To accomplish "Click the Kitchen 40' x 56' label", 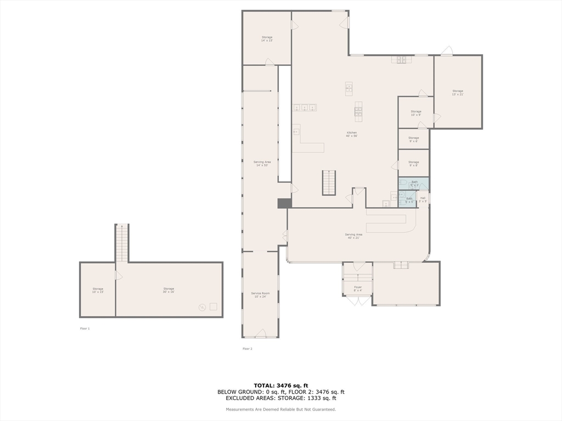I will point(351,134).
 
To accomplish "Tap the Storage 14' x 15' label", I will point(267,39).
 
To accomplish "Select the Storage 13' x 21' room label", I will point(458,93).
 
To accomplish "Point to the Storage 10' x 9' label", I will point(416,113).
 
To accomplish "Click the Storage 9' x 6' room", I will point(413,139).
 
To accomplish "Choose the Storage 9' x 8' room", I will point(413,163).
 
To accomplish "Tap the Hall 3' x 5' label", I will point(423,200).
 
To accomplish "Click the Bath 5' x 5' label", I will point(409,200).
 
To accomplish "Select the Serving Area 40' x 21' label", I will point(354,236).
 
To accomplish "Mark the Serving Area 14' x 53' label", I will point(262,163).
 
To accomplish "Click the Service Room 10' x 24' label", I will point(260,295).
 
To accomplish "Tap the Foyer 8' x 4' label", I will point(357,288).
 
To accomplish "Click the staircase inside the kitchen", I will point(328,183).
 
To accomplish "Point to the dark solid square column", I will point(284,203).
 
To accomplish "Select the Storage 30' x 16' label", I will point(168,290).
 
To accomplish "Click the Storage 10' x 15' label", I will point(98,290).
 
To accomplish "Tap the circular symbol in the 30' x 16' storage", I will point(202,307).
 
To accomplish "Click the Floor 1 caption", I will point(85,328).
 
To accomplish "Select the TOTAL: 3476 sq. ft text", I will point(280,385).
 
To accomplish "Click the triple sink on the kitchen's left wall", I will point(304,107).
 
